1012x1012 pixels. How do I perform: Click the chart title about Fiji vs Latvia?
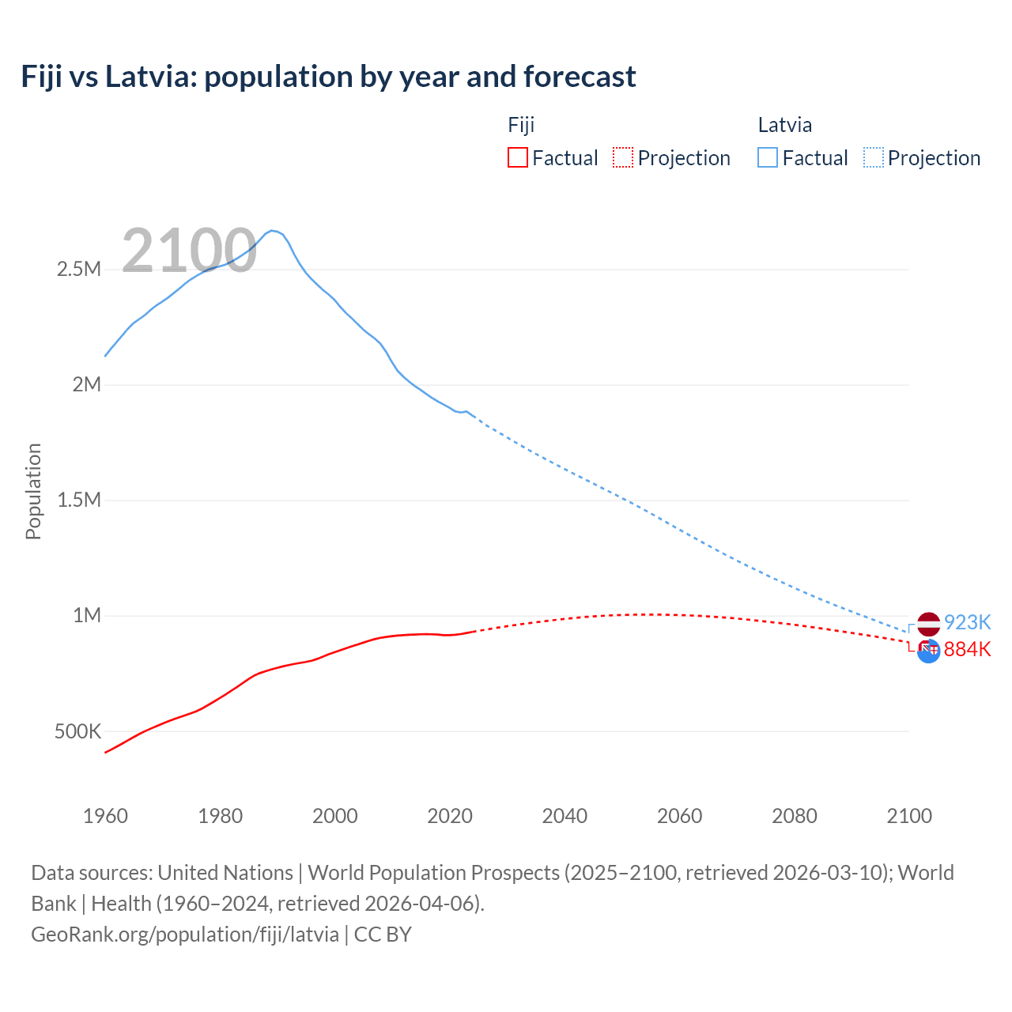coord(328,77)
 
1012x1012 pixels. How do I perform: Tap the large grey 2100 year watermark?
coord(189,251)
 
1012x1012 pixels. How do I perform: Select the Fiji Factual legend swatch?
coord(517,157)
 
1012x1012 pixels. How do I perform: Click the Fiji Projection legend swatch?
coord(623,157)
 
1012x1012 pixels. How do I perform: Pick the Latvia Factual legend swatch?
coord(767,157)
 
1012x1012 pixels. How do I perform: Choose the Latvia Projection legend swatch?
coord(873,157)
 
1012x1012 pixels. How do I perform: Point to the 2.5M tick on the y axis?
coord(79,270)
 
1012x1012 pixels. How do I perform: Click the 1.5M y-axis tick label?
coord(79,500)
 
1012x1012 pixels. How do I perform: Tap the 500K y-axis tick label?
coord(77,731)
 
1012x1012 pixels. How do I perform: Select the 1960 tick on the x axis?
coord(105,816)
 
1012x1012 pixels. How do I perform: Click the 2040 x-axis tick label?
coord(565,816)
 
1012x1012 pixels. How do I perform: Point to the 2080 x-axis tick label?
coord(794,816)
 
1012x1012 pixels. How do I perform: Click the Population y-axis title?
coord(33,491)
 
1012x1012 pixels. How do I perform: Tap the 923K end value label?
coord(967,622)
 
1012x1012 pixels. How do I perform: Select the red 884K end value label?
coord(967,649)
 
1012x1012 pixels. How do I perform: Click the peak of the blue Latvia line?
coord(272,231)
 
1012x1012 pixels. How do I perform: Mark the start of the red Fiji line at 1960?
coord(106,752)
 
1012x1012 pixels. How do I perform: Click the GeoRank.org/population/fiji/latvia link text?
coord(185,935)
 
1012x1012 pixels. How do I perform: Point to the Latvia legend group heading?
coord(784,125)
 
